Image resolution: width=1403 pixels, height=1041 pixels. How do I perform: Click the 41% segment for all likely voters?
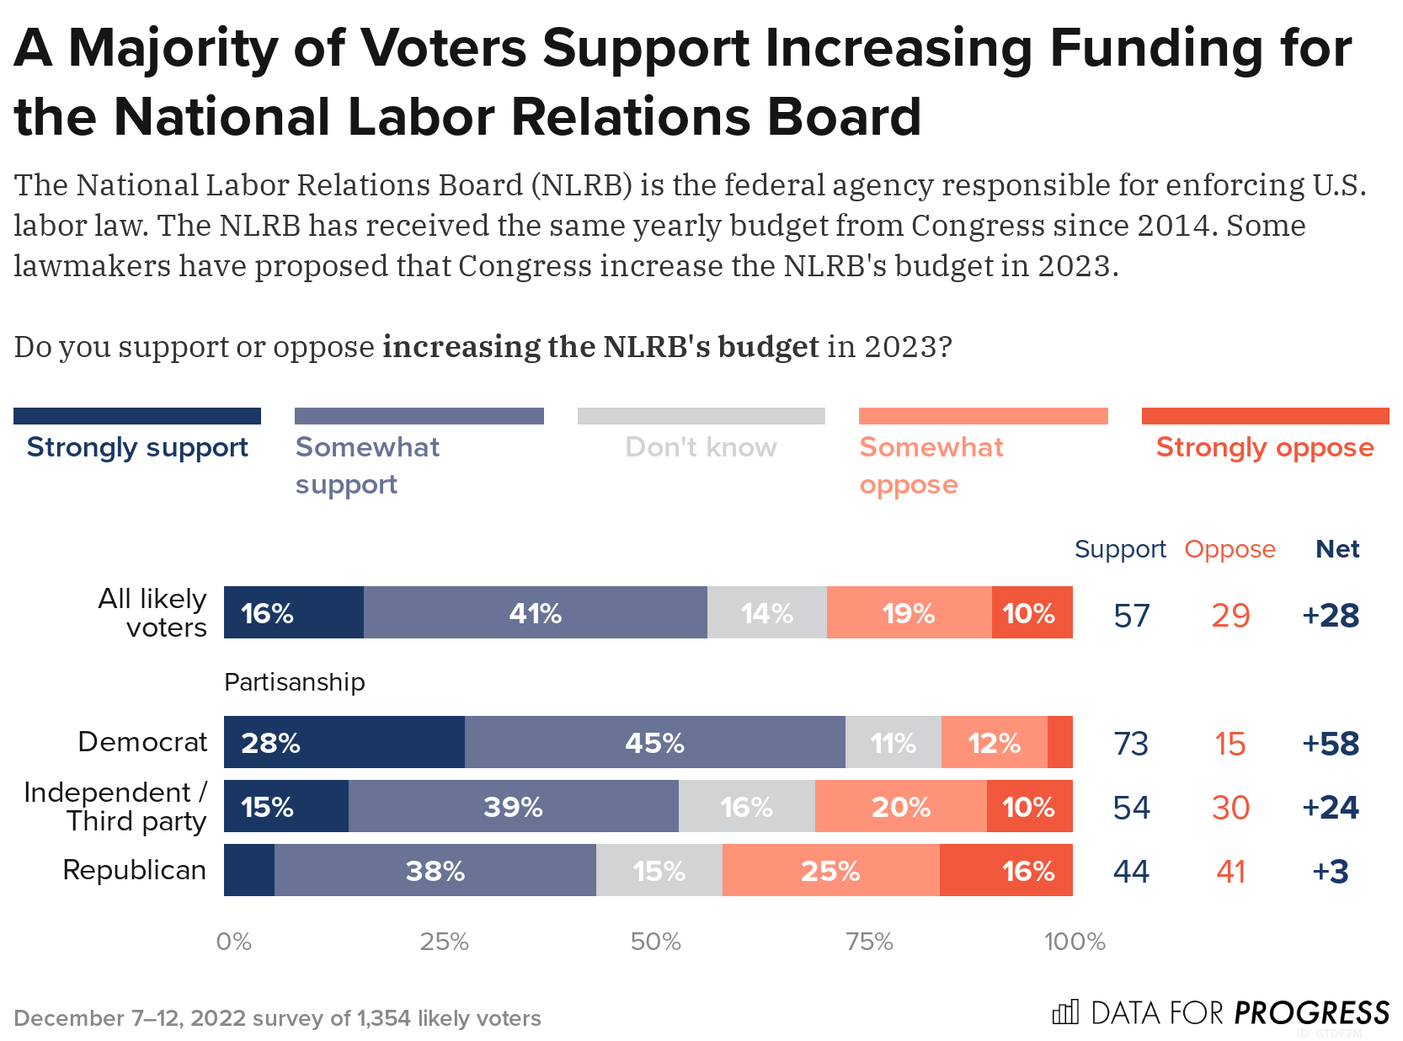[535, 612]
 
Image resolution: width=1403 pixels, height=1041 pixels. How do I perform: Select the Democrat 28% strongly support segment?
[344, 742]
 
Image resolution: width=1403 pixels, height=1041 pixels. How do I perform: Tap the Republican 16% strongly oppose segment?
[1006, 870]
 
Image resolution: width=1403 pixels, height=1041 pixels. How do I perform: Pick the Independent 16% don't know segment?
[746, 806]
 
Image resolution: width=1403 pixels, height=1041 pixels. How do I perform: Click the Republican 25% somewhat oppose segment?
[830, 870]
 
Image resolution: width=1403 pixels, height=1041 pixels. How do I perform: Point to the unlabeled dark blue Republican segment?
[249, 870]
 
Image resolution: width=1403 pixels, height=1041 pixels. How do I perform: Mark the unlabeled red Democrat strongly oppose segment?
[1059, 742]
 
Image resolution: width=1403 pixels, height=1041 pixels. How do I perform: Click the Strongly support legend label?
[137, 447]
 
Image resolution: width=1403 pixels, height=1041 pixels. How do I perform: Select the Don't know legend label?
[701, 447]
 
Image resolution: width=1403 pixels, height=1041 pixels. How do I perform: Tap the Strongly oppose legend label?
[1264, 447]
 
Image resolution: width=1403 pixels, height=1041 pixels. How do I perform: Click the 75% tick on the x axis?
[869, 941]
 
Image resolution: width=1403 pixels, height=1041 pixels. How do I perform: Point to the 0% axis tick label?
[233, 941]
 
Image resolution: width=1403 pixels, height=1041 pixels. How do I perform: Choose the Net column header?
[1337, 549]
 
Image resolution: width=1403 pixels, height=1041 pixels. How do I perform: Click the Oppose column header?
[1230, 549]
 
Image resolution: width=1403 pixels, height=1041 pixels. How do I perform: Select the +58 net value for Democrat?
[1331, 744]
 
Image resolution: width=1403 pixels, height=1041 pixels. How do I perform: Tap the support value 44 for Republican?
[1131, 872]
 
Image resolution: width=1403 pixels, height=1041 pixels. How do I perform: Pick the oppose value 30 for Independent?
[1230, 808]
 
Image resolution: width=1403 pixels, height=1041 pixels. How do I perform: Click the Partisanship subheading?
[295, 681]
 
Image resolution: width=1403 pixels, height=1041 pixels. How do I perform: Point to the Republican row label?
[135, 870]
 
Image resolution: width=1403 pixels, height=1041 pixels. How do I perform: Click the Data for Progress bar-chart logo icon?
[1065, 1012]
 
